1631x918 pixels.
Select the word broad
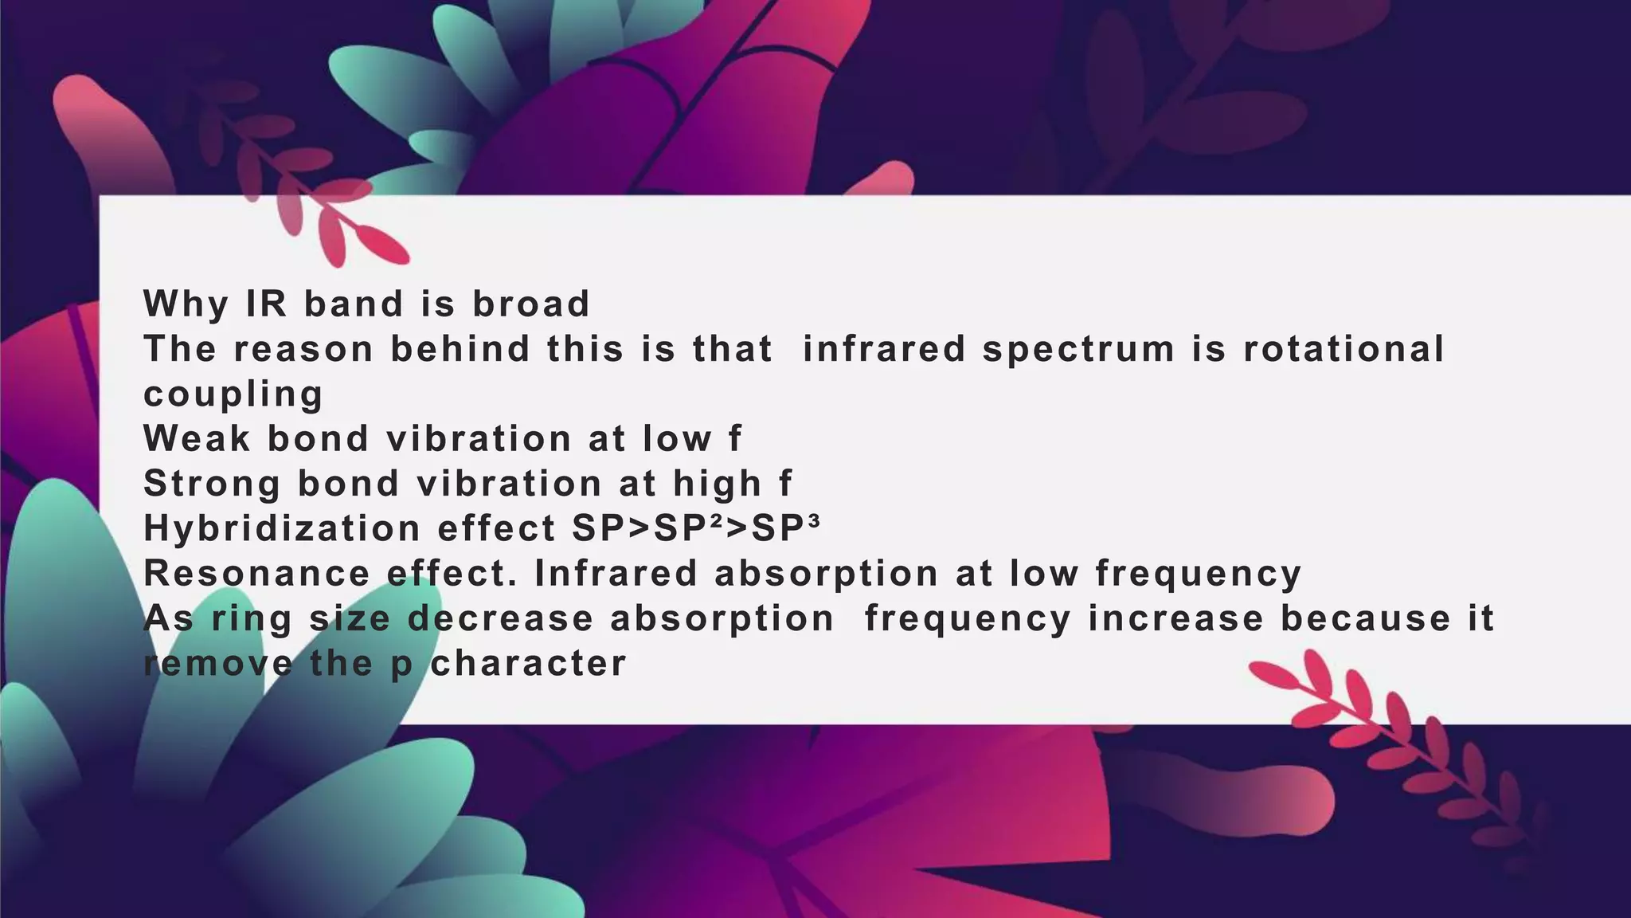531,304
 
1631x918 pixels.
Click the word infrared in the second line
884,349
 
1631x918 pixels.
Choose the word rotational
1344,349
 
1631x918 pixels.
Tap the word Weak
196,438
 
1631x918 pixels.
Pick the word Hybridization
282,528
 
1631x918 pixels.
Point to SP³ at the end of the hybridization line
785,528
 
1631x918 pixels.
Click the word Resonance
256,574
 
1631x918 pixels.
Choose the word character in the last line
528,664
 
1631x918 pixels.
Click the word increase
1175,619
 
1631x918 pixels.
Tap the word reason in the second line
303,349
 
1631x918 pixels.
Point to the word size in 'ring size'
350,619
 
